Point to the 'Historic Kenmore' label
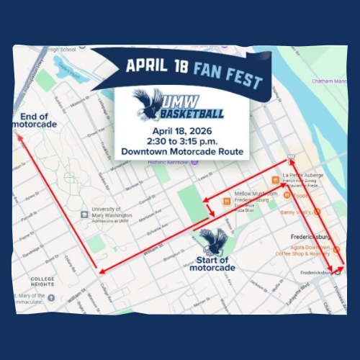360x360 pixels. tap(169, 162)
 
